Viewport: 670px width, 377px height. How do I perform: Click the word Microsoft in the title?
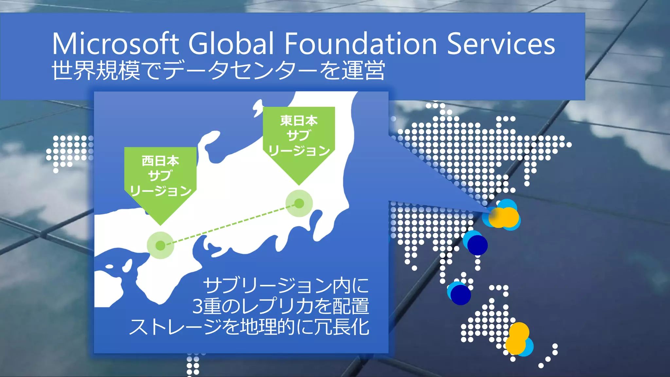click(115, 44)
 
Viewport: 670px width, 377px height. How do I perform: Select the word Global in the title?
click(231, 44)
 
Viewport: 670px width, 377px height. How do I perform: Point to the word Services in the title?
click(501, 44)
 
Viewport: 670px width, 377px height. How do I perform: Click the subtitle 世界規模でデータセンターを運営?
click(218, 70)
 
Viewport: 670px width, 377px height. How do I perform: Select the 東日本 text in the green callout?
click(299, 121)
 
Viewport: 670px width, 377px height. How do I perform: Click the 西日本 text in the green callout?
click(160, 161)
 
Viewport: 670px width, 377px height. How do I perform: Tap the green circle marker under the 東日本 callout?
click(299, 204)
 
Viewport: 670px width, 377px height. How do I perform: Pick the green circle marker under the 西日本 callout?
click(160, 245)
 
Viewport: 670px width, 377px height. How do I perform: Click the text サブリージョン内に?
click(286, 286)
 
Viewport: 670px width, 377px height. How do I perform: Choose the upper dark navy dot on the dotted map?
click(477, 245)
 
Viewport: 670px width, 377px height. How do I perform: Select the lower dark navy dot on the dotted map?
click(461, 295)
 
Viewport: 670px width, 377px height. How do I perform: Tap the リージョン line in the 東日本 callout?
click(299, 151)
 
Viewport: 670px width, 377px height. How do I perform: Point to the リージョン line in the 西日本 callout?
click(160, 191)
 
